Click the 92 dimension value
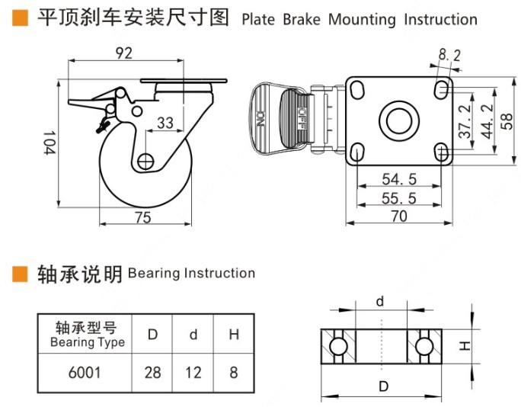125,53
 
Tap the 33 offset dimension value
165,123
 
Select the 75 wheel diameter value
142,218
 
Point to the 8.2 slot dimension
450,54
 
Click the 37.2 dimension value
465,122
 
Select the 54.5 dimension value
399,180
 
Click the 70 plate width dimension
398,216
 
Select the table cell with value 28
153,373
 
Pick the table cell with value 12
194,373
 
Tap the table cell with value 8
233,373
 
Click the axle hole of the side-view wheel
145,161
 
